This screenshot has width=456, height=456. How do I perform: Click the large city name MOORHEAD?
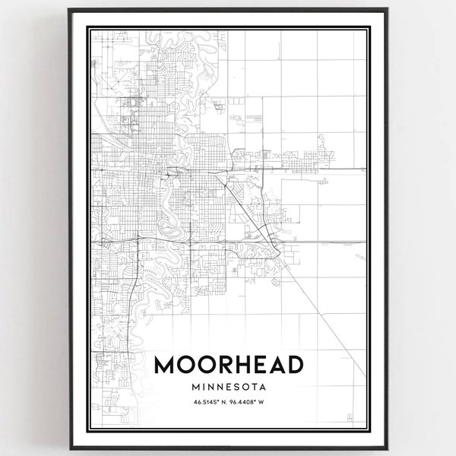(228, 365)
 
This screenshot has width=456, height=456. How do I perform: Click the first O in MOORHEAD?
(185, 365)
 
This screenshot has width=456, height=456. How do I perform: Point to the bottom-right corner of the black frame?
(388, 447)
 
